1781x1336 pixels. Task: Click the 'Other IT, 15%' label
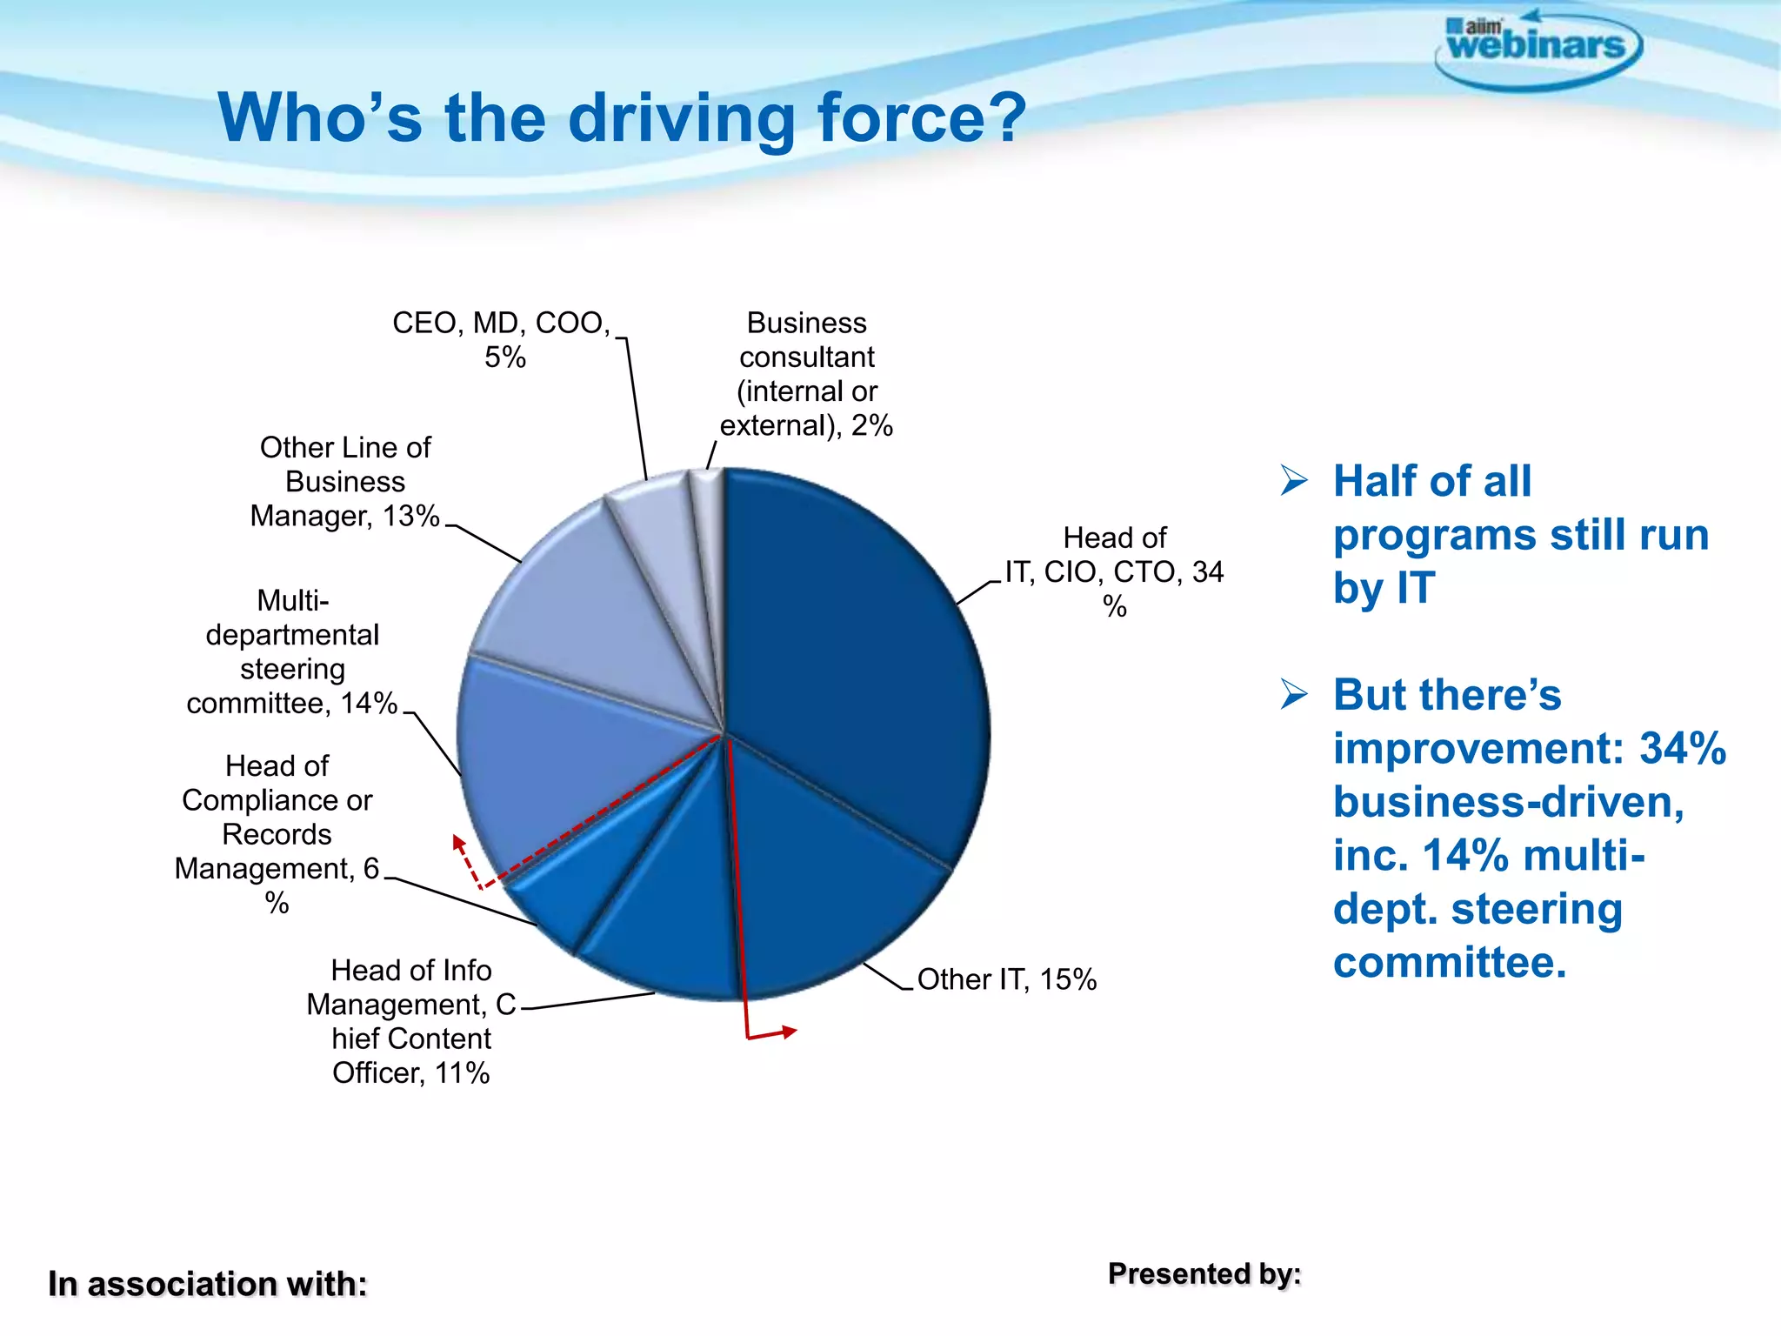pos(1007,979)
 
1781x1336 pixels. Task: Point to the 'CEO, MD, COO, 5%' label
pos(503,339)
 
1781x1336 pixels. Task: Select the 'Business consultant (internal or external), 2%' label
pos(807,374)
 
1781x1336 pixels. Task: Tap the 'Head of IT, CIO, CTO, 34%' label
pos(1115,571)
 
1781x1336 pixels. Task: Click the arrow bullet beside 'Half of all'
pos(1294,480)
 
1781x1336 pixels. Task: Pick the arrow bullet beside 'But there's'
pos(1294,694)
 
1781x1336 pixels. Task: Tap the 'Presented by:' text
pos(1204,1274)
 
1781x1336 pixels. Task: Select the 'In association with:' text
pos(208,1284)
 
